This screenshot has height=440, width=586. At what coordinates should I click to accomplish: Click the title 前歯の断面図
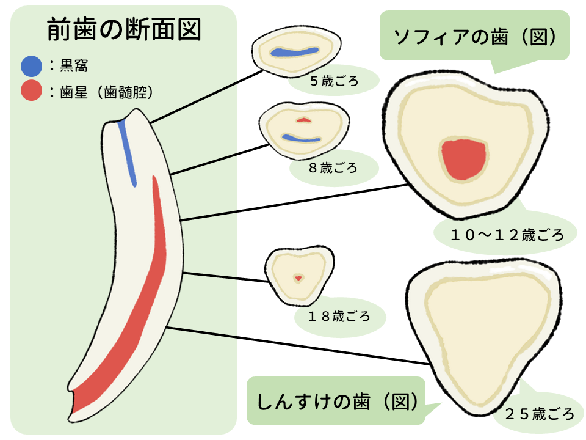tap(124, 29)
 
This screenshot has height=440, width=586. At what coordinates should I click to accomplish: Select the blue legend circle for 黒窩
tap(31, 65)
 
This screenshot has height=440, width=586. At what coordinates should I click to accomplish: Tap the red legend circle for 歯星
tap(31, 92)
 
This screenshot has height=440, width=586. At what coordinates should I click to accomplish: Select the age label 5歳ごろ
tap(334, 81)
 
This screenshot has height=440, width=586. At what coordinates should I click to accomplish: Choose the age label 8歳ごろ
tap(333, 167)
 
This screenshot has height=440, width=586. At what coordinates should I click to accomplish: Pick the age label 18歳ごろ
tap(339, 317)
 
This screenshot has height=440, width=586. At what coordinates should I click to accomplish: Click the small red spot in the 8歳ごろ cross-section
tap(303, 120)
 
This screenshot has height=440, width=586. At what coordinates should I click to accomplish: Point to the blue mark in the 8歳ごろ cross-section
tap(301, 139)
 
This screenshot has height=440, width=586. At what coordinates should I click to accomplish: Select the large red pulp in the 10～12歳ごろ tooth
tap(464, 159)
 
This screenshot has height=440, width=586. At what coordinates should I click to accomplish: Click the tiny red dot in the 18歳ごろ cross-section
tap(298, 278)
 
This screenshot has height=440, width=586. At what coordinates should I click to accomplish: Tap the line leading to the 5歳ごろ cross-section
tap(204, 94)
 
